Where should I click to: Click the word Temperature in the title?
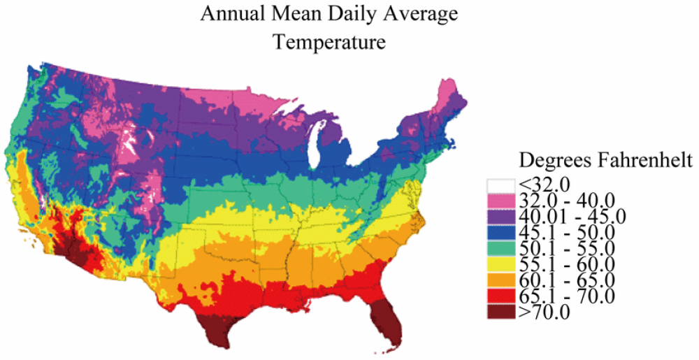[329, 42]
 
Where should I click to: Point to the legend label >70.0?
[545, 312]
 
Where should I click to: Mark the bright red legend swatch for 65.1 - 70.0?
[500, 296]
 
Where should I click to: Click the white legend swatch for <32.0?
[500, 185]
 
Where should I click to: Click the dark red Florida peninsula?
[386, 318]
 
